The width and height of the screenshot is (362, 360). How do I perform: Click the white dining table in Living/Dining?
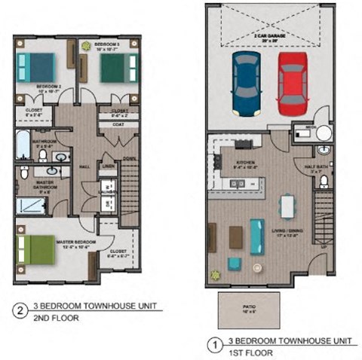[287, 205]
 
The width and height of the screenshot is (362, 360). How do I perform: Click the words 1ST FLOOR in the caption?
[246, 352]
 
